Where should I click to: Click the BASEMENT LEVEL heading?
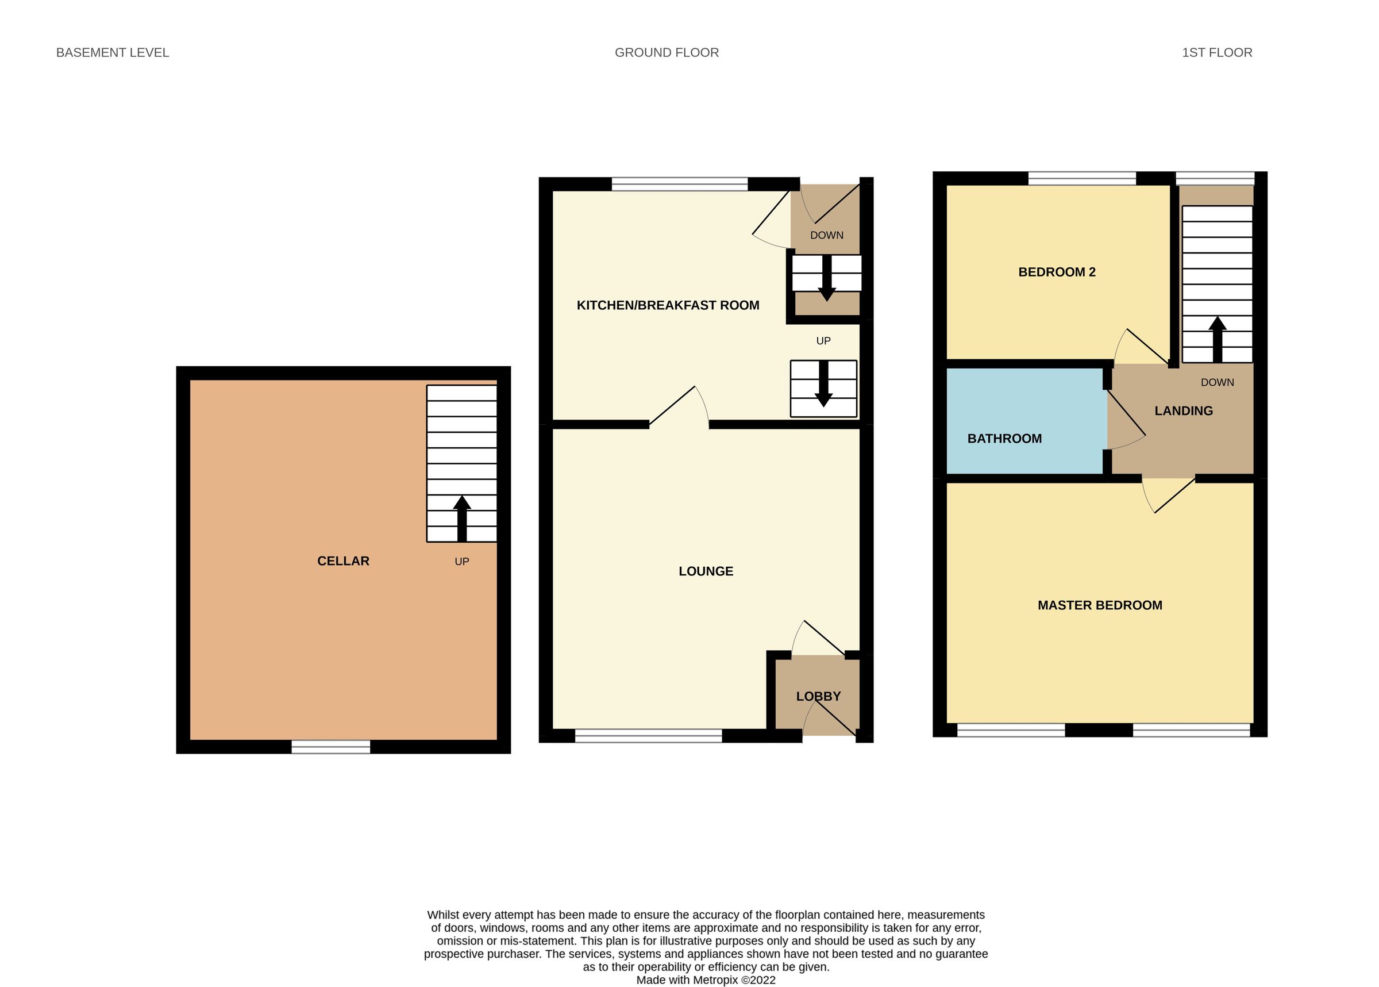[113, 53]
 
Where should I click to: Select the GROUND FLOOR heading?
[667, 53]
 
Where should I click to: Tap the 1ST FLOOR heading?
[1217, 53]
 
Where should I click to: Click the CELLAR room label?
[342, 561]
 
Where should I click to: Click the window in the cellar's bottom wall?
[330, 746]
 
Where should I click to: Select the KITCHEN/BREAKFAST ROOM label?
[668, 305]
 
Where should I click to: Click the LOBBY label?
[818, 697]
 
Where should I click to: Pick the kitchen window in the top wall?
[679, 184]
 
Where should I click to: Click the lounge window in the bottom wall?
[648, 735]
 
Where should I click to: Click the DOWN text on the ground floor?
[826, 235]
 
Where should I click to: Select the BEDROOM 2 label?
[1057, 272]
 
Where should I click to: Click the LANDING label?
[1183, 411]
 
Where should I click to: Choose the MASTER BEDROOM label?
[1100, 605]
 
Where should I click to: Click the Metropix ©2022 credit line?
[705, 980]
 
